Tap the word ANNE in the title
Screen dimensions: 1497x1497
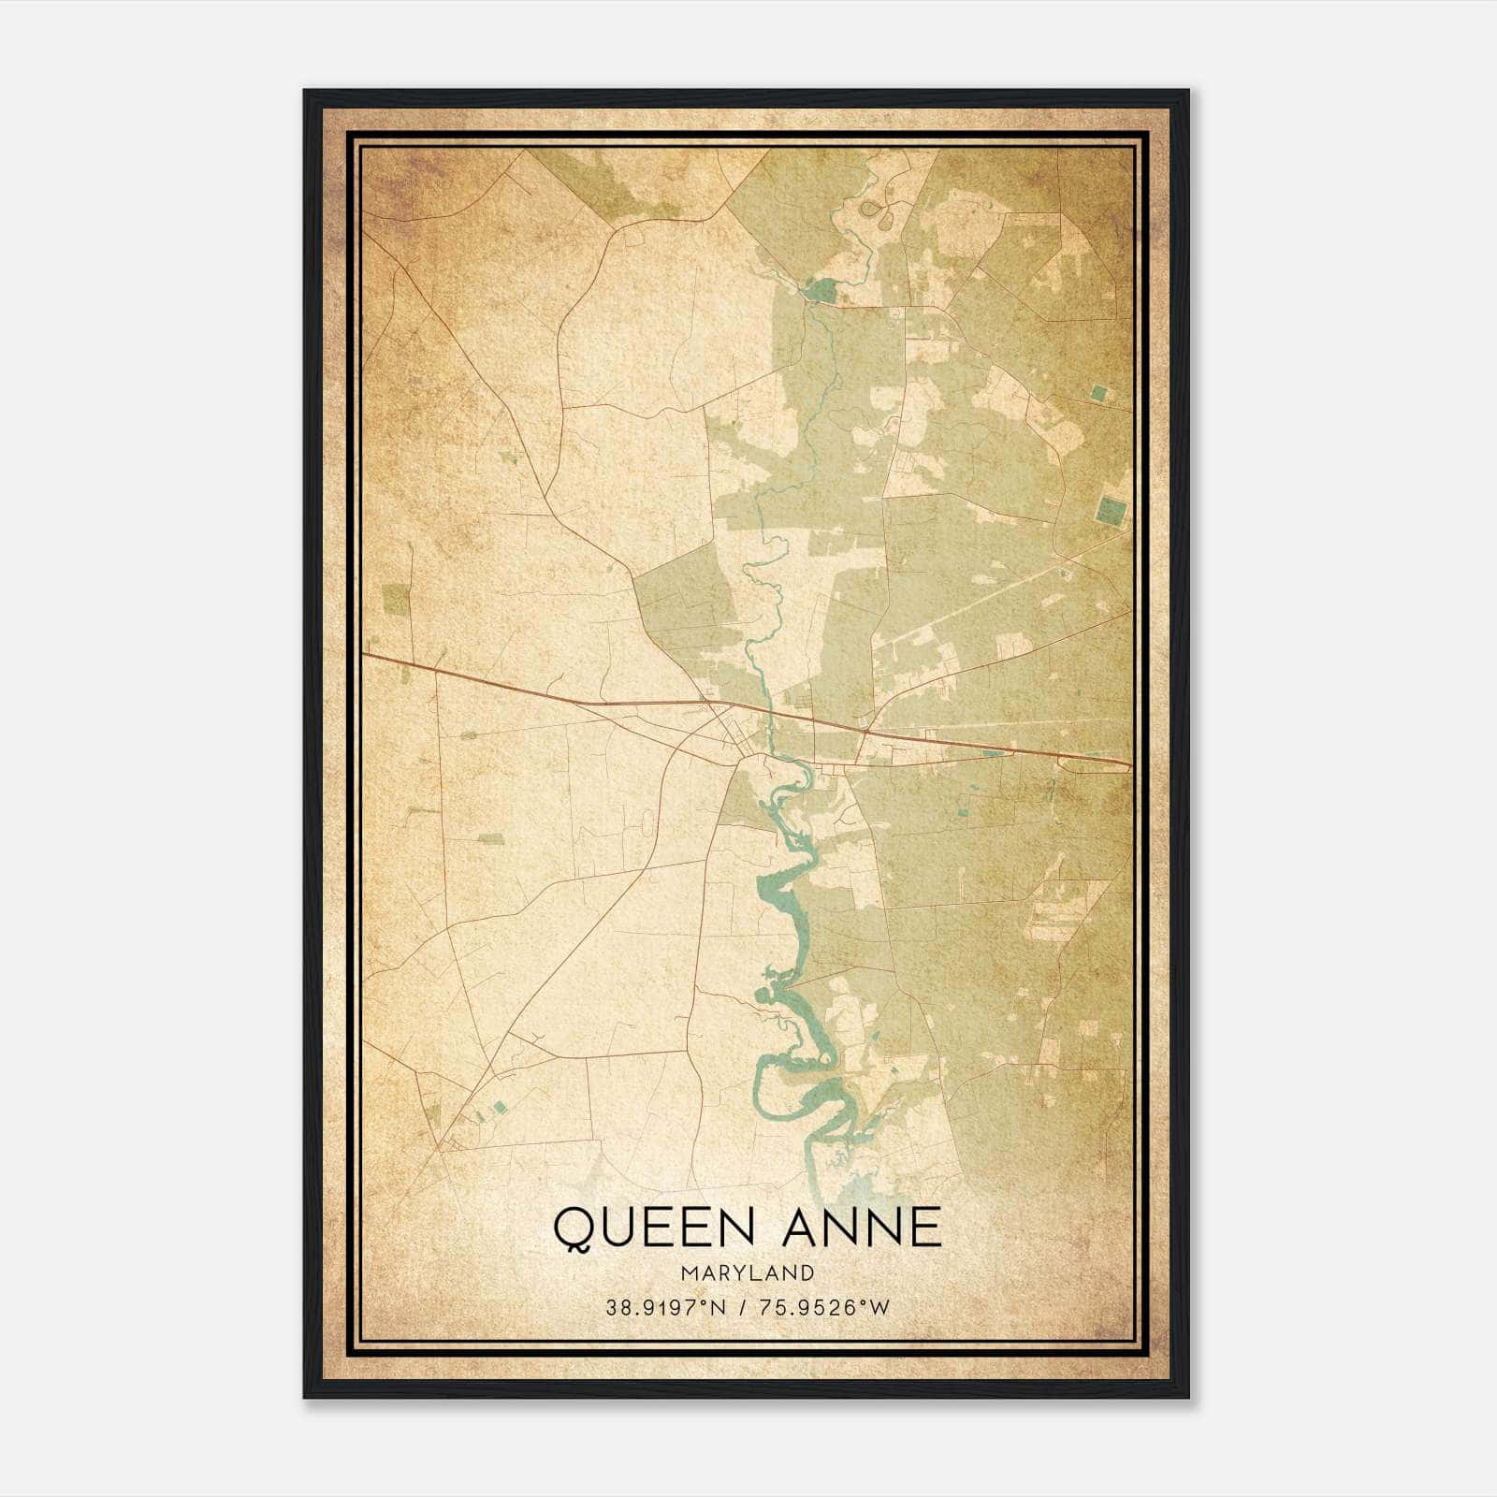pos(862,1228)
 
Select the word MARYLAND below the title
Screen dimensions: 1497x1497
pos(747,1273)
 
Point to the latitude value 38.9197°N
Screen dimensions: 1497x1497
pos(666,1308)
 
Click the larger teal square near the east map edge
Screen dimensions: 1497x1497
pos(1111,511)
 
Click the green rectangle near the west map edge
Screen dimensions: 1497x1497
pos(396,599)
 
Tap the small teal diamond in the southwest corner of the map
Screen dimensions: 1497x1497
pos(500,1107)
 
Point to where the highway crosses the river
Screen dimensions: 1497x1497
pos(767,713)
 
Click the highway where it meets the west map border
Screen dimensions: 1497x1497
pos(365,655)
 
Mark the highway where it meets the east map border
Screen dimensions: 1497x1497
pos(1129,765)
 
